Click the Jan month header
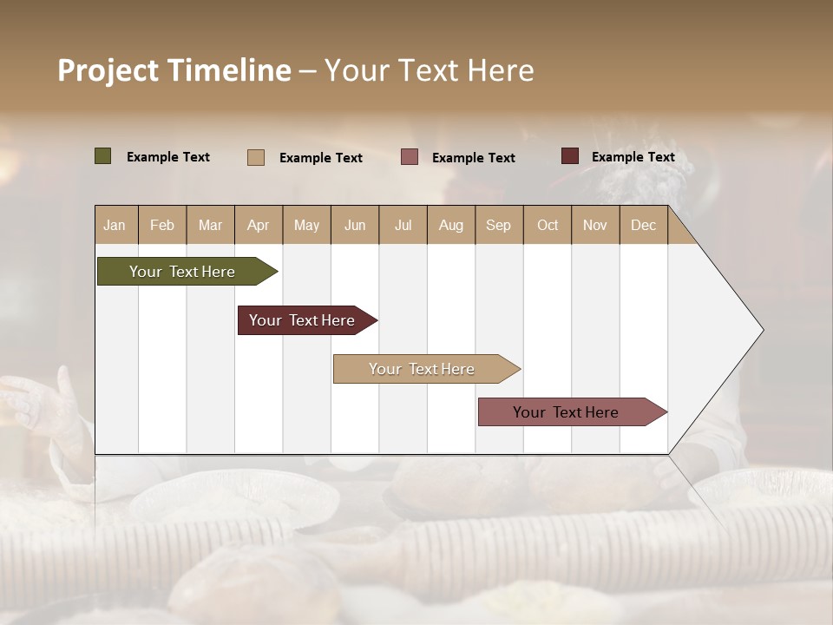click(115, 225)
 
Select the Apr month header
click(259, 225)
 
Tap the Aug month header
click(451, 225)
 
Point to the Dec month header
click(644, 225)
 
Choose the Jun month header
click(355, 225)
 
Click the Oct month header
click(548, 225)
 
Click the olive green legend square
click(103, 156)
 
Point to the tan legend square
click(256, 157)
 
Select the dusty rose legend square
click(410, 157)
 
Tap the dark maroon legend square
click(570, 156)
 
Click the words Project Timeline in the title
click(174, 70)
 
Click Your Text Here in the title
click(430, 70)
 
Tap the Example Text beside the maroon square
click(633, 156)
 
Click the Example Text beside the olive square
click(168, 156)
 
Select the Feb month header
click(162, 225)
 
